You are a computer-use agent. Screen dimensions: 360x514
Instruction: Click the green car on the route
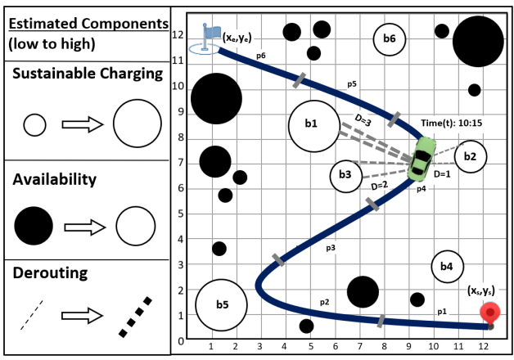pyautogui.click(x=422, y=160)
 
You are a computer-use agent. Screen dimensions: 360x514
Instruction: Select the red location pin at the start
pyautogui.click(x=489, y=313)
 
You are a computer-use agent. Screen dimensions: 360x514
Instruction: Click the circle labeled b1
pyautogui.click(x=313, y=126)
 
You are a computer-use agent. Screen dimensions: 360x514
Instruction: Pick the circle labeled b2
pyautogui.click(x=470, y=156)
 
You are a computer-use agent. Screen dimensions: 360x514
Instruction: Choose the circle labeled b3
pyautogui.click(x=345, y=175)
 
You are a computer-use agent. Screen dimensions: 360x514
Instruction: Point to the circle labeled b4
pyautogui.click(x=446, y=266)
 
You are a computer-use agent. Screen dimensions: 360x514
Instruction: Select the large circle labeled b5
pyautogui.click(x=222, y=305)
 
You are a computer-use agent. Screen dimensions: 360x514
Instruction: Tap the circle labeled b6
pyautogui.click(x=390, y=38)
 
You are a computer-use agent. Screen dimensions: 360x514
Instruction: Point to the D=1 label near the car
pyautogui.click(x=443, y=174)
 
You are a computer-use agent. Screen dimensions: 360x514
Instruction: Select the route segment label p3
pyautogui.click(x=331, y=246)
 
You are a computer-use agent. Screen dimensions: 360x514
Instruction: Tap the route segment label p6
pyautogui.click(x=260, y=56)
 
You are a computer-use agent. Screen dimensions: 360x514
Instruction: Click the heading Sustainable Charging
pyautogui.click(x=88, y=74)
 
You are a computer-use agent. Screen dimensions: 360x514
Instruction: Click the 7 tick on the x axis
pyautogui.click(x=359, y=346)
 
